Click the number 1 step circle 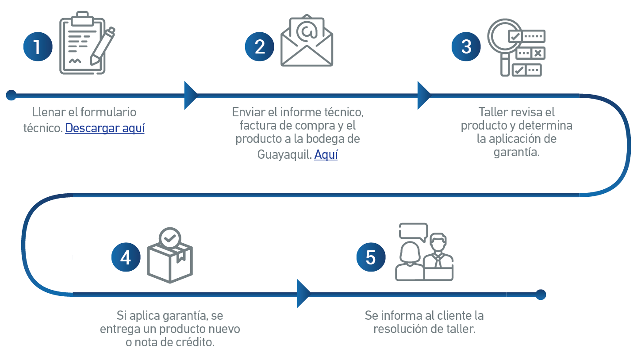pos(38,46)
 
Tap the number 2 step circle pos(259,46)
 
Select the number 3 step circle pos(466,46)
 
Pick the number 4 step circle pos(126,257)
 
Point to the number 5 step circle pos(371,257)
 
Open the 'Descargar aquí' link pos(105,128)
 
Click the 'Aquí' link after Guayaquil pos(326,155)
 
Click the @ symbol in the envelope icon pos(307,31)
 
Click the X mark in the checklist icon pos(538,53)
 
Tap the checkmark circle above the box pos(170,238)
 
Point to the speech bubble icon pos(414,232)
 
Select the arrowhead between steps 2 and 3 pos(424,95)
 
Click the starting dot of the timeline pos(12,95)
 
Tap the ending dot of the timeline pos(541,295)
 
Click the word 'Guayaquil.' pos(285,155)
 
